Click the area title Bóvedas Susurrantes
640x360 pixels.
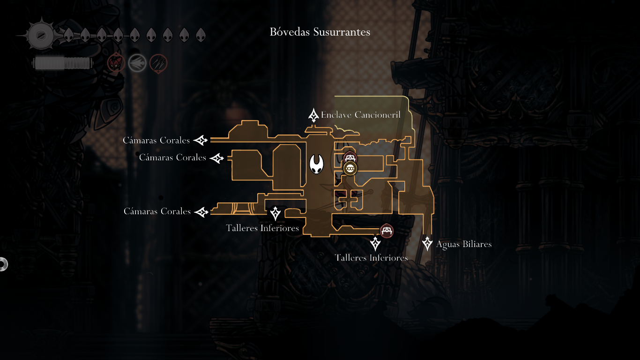[320, 32]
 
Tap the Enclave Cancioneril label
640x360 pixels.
[360, 114]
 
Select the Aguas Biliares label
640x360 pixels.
[463, 244]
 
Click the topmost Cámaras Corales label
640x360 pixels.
[156, 140]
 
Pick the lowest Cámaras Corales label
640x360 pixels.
[157, 211]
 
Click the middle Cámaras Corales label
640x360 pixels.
[172, 157]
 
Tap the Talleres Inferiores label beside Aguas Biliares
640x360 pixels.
[371, 258]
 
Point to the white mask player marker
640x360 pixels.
[317, 164]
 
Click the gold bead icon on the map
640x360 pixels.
[350, 168]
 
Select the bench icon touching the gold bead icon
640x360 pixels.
[350, 157]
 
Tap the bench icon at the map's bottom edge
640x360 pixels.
[387, 231]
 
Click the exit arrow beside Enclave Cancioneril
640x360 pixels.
[313, 115]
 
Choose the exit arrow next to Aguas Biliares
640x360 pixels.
[427, 243]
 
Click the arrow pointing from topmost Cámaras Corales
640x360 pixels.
[201, 140]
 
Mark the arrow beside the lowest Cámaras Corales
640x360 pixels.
[201, 212]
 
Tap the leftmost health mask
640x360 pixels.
[68, 35]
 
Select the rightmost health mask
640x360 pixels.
[201, 35]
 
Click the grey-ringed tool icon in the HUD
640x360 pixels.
[137, 63]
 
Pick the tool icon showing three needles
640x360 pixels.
[158, 63]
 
